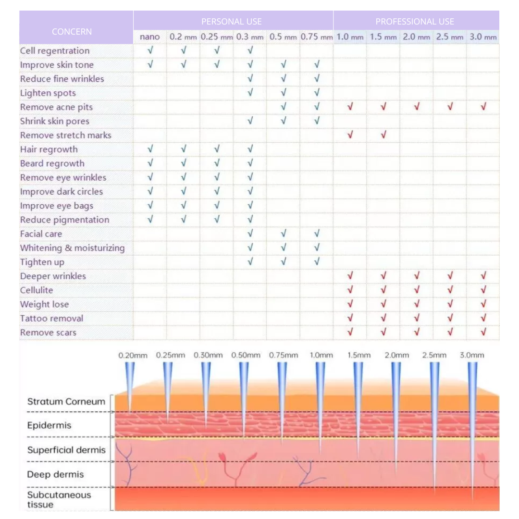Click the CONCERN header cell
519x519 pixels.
72,32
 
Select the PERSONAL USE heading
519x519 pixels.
232,21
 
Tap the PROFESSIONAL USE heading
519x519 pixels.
415,21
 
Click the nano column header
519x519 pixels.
150,37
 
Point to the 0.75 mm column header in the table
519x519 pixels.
316,37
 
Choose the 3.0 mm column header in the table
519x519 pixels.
483,37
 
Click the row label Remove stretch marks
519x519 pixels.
65,135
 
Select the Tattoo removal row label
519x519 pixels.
51,318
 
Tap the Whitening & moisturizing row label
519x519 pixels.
72,248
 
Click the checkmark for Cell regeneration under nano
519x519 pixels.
150,50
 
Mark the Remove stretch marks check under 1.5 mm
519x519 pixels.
383,135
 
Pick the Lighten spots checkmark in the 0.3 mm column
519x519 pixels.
250,93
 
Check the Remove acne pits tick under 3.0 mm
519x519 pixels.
483,107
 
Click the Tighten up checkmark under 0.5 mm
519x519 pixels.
284,262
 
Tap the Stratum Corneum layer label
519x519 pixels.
66,402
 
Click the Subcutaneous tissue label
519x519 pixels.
59,499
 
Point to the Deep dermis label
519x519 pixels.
55,474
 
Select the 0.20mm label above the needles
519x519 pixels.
133,356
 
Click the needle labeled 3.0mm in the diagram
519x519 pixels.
472,423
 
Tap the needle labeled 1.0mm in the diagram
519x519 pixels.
320,404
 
